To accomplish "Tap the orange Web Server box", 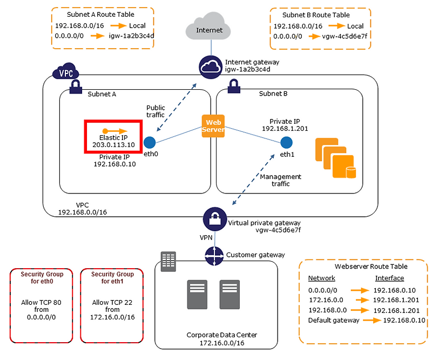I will pyautogui.click(x=213, y=126).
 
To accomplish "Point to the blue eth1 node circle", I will pyautogui.click(x=286, y=143).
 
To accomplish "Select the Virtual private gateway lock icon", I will pyautogui.click(x=214, y=219).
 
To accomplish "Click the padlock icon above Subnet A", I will pyautogui.click(x=75, y=86).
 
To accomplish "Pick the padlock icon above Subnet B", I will pyautogui.click(x=234, y=86).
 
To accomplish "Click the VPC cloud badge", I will pyautogui.click(x=66, y=73).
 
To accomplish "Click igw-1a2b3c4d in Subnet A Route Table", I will pyautogui.click(x=129, y=36).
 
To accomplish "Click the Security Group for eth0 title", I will pyautogui.click(x=41, y=278).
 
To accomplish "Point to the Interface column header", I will pyautogui.click(x=389, y=278).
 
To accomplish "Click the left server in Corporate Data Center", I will pyautogui.click(x=197, y=295).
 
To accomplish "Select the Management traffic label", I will pyautogui.click(x=280, y=181).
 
